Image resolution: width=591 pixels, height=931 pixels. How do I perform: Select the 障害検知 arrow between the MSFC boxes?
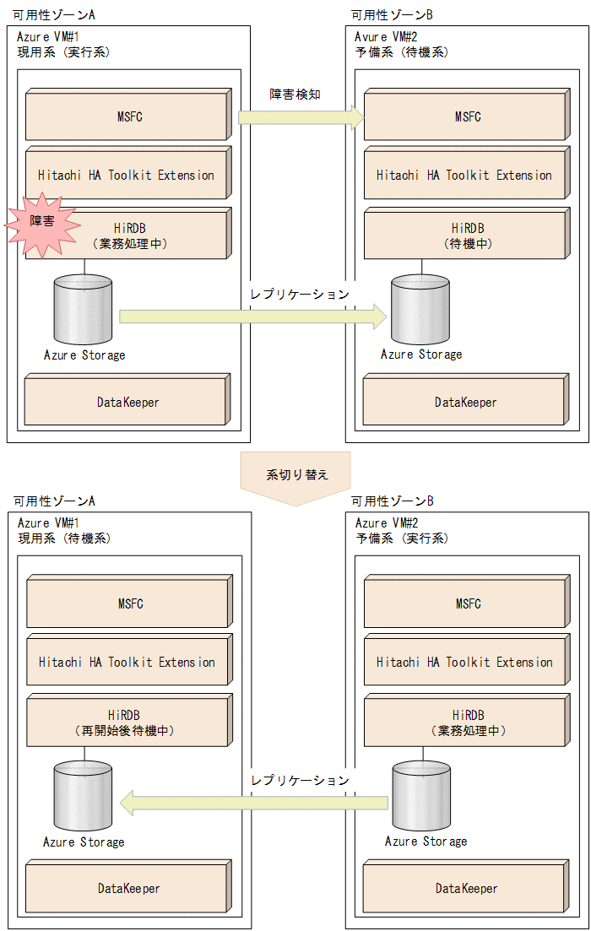300,117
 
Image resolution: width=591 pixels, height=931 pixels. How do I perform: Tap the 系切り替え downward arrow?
295,477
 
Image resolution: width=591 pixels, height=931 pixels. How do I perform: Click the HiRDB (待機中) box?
465,235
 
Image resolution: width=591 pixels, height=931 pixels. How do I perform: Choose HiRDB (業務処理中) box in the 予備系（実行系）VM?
465,723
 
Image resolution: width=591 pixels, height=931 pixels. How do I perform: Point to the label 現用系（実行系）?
64,51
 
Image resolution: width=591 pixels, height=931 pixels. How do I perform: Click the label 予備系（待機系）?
402,51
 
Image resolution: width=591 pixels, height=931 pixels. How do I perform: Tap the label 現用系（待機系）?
64,538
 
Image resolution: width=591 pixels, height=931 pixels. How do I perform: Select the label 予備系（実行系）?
402,538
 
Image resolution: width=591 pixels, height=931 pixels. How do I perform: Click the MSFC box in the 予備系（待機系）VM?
465,116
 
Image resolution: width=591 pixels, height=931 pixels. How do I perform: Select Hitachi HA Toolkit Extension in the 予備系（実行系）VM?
465,663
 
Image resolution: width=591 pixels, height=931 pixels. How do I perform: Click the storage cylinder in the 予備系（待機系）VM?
420,308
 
